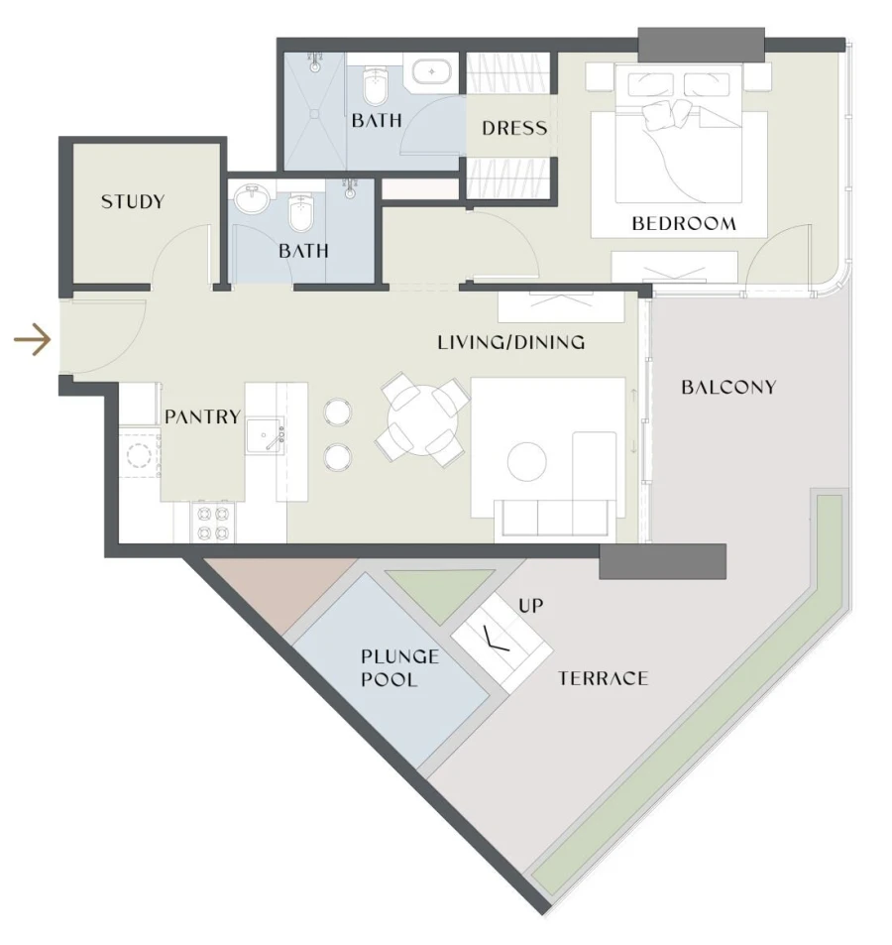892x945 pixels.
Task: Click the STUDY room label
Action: pyautogui.click(x=133, y=202)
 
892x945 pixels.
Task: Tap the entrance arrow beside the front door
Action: pyautogui.click(x=32, y=341)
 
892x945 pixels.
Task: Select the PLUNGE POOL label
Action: pyautogui.click(x=389, y=667)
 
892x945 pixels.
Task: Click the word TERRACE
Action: pyautogui.click(x=603, y=679)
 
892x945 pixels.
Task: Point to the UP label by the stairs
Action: pyautogui.click(x=531, y=605)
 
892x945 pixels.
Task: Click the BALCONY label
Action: pyautogui.click(x=728, y=387)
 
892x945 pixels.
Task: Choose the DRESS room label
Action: pyautogui.click(x=514, y=128)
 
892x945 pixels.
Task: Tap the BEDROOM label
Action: pyautogui.click(x=684, y=223)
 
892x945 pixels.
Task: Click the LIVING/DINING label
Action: pyautogui.click(x=511, y=343)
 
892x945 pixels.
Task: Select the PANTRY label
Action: pyautogui.click(x=202, y=416)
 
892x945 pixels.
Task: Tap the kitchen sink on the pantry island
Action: pyautogui.click(x=265, y=434)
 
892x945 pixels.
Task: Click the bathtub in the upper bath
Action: pyautogui.click(x=431, y=73)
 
